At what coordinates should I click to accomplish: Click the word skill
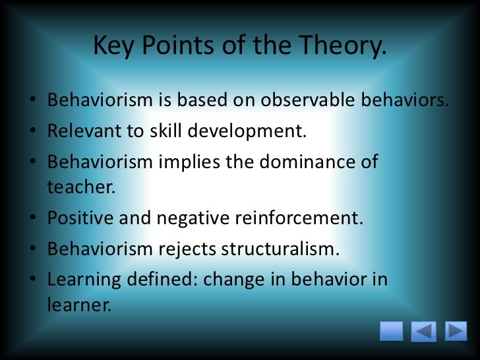click(158, 131)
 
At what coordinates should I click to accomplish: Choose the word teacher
click(80, 187)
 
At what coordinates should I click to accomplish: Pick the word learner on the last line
click(76, 305)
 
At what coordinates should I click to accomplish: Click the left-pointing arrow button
click(423, 332)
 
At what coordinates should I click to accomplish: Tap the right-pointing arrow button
click(456, 331)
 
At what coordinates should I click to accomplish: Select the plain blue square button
click(392, 331)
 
